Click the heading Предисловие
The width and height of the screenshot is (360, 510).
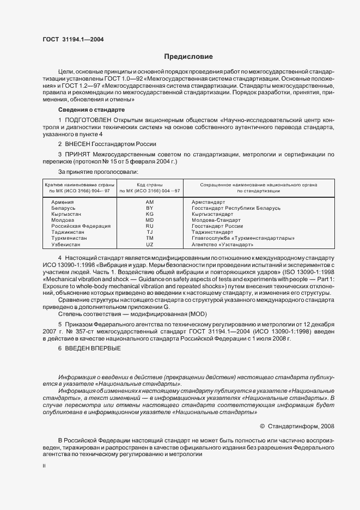click(188, 56)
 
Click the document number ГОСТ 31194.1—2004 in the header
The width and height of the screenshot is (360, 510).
click(73, 39)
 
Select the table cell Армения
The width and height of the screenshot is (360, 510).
click(63, 202)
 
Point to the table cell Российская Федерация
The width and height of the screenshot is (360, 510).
click(81, 226)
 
